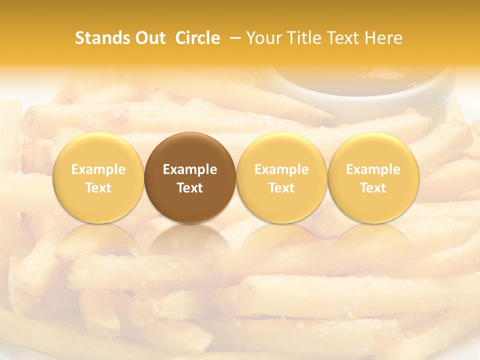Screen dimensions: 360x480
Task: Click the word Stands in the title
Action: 102,38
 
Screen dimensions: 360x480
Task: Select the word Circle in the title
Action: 197,38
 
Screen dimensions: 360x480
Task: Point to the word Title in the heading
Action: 300,38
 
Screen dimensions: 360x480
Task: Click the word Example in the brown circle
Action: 190,169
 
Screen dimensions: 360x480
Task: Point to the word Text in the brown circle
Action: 190,188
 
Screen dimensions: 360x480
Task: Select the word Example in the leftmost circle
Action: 98,169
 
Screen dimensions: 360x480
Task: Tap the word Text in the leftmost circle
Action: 98,188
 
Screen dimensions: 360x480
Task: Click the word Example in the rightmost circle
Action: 373,169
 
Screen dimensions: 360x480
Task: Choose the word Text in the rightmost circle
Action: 373,188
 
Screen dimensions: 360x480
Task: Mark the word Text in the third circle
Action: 281,188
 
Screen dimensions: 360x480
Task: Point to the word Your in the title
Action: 263,38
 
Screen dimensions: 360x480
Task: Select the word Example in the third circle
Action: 281,169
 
